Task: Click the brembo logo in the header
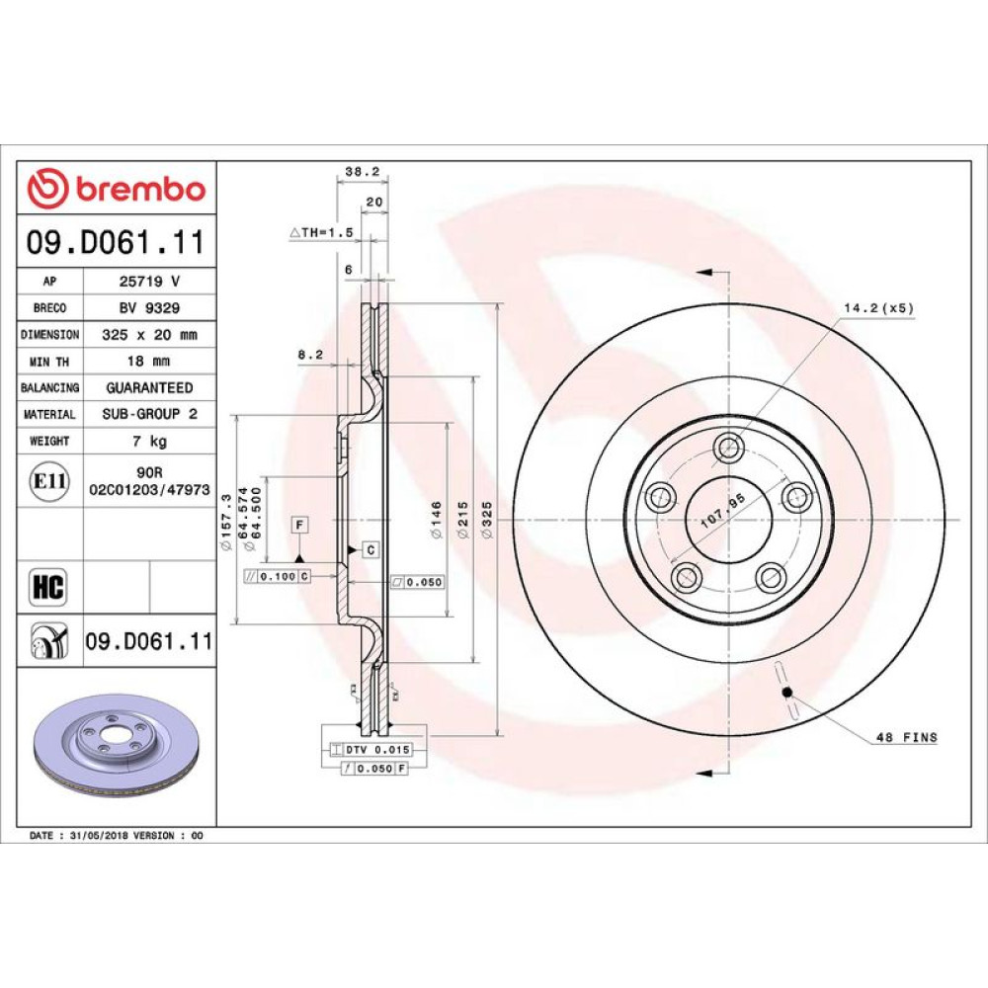pyautogui.click(x=117, y=189)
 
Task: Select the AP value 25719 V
pyautogui.click(x=149, y=281)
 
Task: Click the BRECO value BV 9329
pyautogui.click(x=149, y=307)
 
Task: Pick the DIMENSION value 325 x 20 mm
pyautogui.click(x=149, y=335)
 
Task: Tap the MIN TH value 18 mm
pyautogui.click(x=149, y=361)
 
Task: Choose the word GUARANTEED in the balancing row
pyautogui.click(x=149, y=387)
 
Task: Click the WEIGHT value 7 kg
pyautogui.click(x=149, y=441)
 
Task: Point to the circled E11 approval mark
pyautogui.click(x=49, y=481)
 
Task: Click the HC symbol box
pyautogui.click(x=48, y=587)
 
